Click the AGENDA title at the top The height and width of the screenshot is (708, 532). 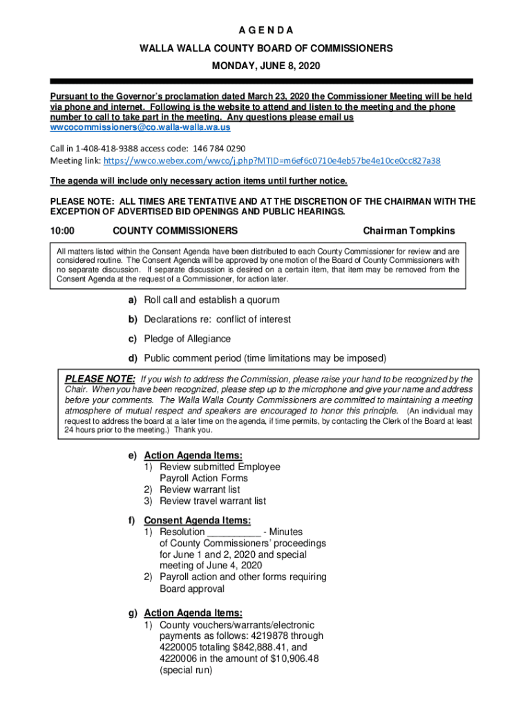coord(266,31)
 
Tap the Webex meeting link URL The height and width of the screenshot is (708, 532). coord(272,160)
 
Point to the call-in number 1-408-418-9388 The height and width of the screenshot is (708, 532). coord(103,148)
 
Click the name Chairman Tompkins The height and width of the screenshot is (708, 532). coord(409,230)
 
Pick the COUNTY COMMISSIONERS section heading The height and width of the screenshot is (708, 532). coord(175,230)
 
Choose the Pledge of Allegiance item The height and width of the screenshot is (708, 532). coord(187,339)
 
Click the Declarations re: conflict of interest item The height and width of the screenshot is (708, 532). coord(217,319)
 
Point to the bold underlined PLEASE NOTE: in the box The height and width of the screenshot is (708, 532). coord(100,379)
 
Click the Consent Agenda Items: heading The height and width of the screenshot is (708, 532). coord(197,520)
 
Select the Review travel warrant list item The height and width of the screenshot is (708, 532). coord(212,501)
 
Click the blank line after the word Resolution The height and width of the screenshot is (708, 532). coord(234,532)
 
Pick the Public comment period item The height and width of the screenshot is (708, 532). coord(265,358)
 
